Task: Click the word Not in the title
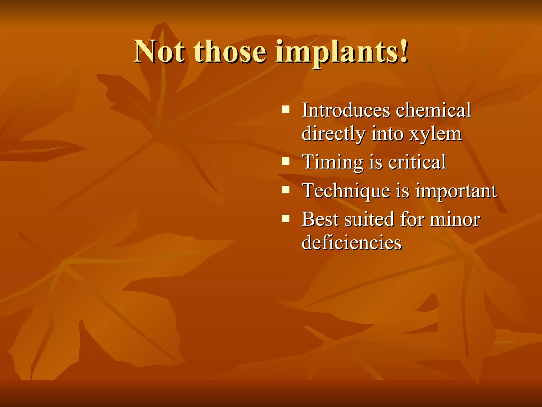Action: [x=159, y=51]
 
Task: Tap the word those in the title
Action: [x=230, y=51]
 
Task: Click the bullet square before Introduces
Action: [x=286, y=109]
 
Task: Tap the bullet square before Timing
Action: [x=286, y=161]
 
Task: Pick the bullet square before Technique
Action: [x=286, y=190]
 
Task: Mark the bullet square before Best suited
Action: [x=286, y=219]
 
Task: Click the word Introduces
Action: [x=346, y=110]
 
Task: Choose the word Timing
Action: [x=332, y=162]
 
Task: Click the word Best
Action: [x=320, y=219]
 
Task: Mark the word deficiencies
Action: [x=351, y=242]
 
